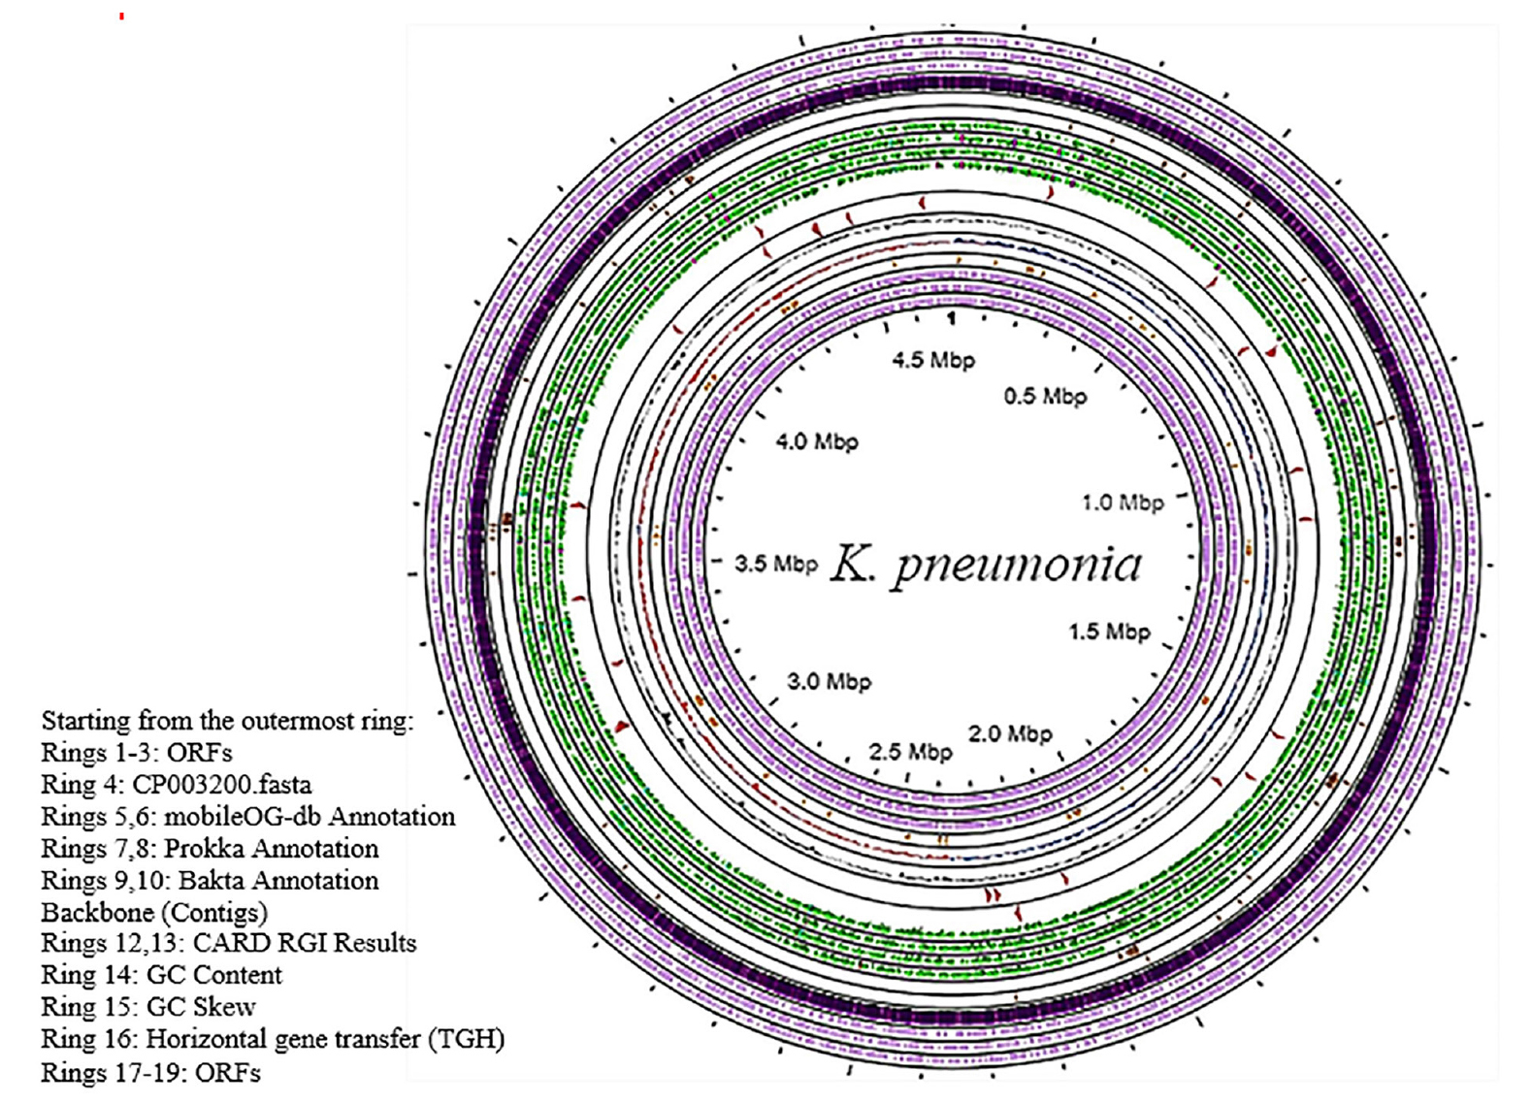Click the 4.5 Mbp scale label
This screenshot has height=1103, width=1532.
pos(933,360)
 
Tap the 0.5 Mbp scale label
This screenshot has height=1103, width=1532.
pos(1045,396)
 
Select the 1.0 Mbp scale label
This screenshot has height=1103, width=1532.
pos(1123,503)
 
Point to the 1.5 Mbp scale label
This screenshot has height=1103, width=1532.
pos(1109,632)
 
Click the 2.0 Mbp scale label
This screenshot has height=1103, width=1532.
pos(1010,733)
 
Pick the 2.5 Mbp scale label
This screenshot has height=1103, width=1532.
pos(910,752)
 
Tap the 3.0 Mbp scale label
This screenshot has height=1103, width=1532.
pos(829,681)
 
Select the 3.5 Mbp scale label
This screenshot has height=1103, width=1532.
pos(776,564)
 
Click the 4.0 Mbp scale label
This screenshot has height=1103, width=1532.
pos(817,441)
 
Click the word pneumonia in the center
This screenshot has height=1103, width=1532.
pos(1017,565)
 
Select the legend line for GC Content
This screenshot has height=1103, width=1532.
pos(161,975)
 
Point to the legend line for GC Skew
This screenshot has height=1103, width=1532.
pos(148,1007)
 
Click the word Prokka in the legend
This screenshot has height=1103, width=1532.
pos(201,849)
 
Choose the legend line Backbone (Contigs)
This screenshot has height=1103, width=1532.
pos(154,913)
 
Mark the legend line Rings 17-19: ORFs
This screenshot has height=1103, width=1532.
pos(150,1072)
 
